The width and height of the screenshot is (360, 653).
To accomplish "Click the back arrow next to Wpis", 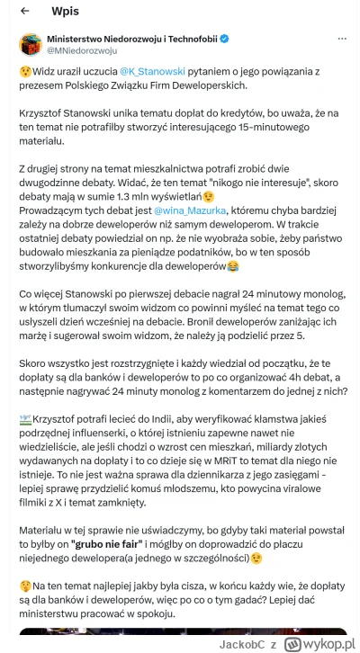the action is point(25,13).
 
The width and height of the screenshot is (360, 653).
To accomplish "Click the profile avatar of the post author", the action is point(31,45).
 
